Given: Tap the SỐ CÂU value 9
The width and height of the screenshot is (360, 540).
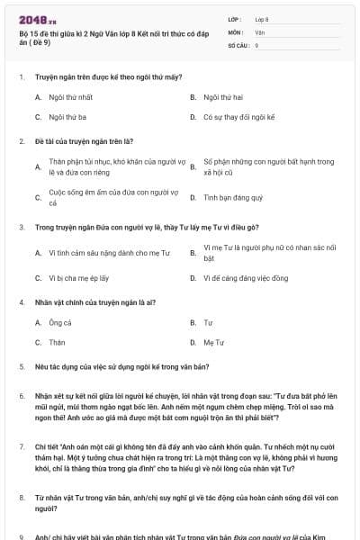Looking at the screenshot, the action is click(257, 44).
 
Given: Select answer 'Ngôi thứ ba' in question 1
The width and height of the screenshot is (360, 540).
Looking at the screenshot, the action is click(67, 117).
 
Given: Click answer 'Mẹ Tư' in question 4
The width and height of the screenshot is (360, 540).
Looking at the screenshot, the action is click(213, 343).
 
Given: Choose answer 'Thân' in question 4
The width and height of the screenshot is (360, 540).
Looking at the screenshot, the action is click(57, 343).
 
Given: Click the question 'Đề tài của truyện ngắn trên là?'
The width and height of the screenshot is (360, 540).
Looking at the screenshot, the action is click(84, 141).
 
